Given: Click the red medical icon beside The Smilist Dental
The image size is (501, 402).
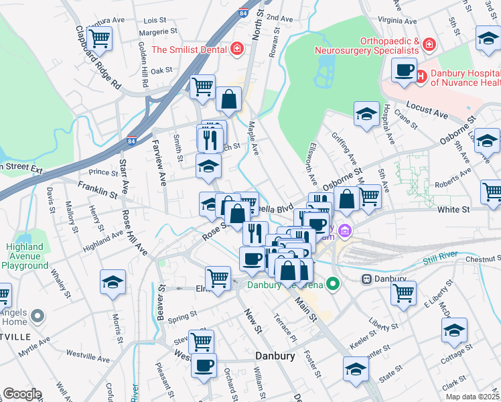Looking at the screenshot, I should pos(236,49).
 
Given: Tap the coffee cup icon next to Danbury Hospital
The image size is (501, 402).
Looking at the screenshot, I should pos(404,70).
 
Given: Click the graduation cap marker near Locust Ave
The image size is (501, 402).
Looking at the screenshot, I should pos(366,114).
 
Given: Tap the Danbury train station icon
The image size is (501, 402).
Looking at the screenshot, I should pos(366,278).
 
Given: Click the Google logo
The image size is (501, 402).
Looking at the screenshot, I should pos(21,394).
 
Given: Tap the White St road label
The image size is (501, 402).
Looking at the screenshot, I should pos(453,210).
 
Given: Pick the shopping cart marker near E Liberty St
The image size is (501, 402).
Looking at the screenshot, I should pos(403,292).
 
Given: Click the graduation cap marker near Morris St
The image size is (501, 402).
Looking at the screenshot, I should pos(113,282).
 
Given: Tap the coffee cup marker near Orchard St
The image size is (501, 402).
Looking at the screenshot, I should pos(204,366).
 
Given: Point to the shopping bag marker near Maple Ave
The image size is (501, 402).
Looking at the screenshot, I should pos(229,99).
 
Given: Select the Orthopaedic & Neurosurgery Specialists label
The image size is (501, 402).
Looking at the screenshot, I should pos(368,45).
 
